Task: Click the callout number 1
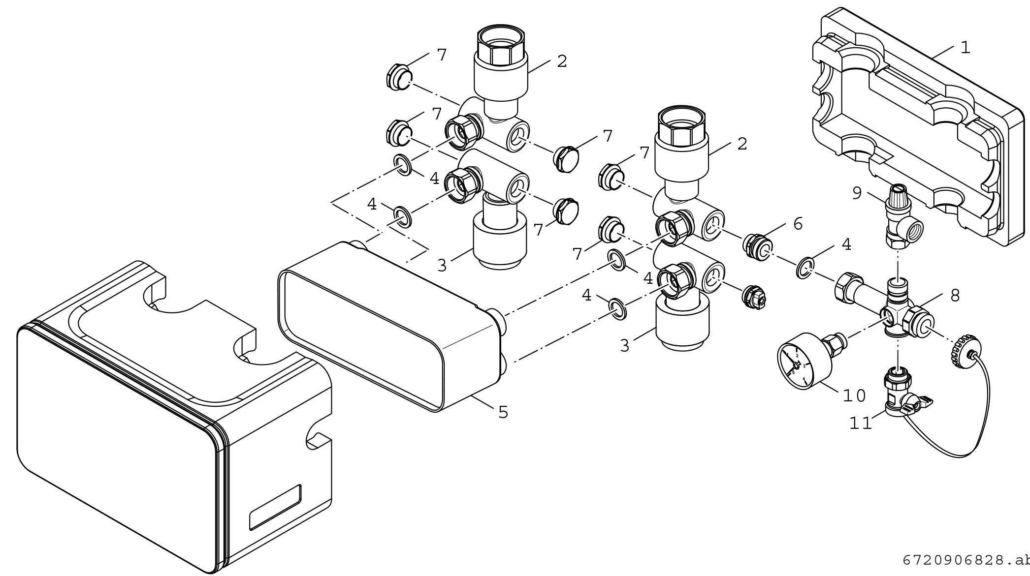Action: click(965, 48)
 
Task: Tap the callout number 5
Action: click(503, 412)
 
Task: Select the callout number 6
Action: click(798, 224)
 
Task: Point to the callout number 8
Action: click(955, 296)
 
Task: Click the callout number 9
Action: click(857, 193)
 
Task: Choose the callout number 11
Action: click(860, 424)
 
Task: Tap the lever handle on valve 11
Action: click(919, 403)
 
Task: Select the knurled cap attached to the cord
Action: click(962, 351)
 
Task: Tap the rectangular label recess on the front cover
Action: click(275, 507)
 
